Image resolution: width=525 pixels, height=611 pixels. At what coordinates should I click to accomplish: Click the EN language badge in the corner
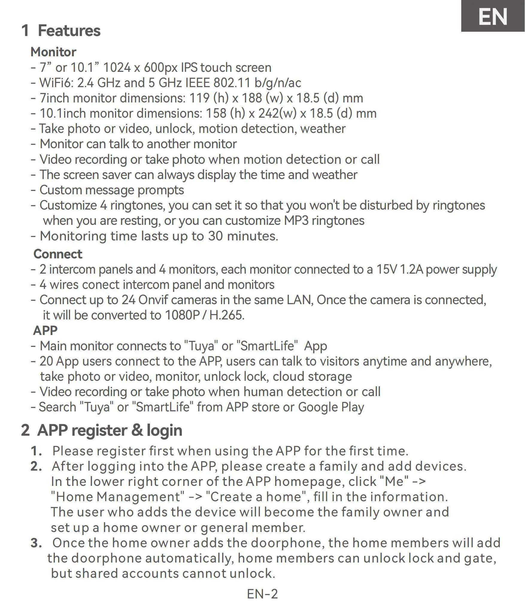(493, 16)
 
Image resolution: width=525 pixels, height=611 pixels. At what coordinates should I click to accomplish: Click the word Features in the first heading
(69, 31)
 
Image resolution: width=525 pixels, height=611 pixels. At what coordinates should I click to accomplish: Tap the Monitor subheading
(53, 52)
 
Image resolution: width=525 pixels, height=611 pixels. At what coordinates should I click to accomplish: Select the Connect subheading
(58, 254)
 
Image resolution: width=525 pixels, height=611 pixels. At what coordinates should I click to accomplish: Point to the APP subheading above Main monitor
(45, 330)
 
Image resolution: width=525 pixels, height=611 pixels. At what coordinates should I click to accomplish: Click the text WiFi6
(56, 83)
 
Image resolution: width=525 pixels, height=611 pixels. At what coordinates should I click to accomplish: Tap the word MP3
(296, 221)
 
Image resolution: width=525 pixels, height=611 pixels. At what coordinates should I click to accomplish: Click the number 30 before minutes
(216, 236)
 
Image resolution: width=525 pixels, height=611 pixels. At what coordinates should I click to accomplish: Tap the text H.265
(227, 315)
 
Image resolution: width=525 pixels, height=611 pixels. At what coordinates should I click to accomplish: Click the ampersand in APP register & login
(137, 430)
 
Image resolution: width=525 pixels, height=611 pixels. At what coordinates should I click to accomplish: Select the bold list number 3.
(36, 543)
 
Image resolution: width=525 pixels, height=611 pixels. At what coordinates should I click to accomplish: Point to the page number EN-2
(262, 594)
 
